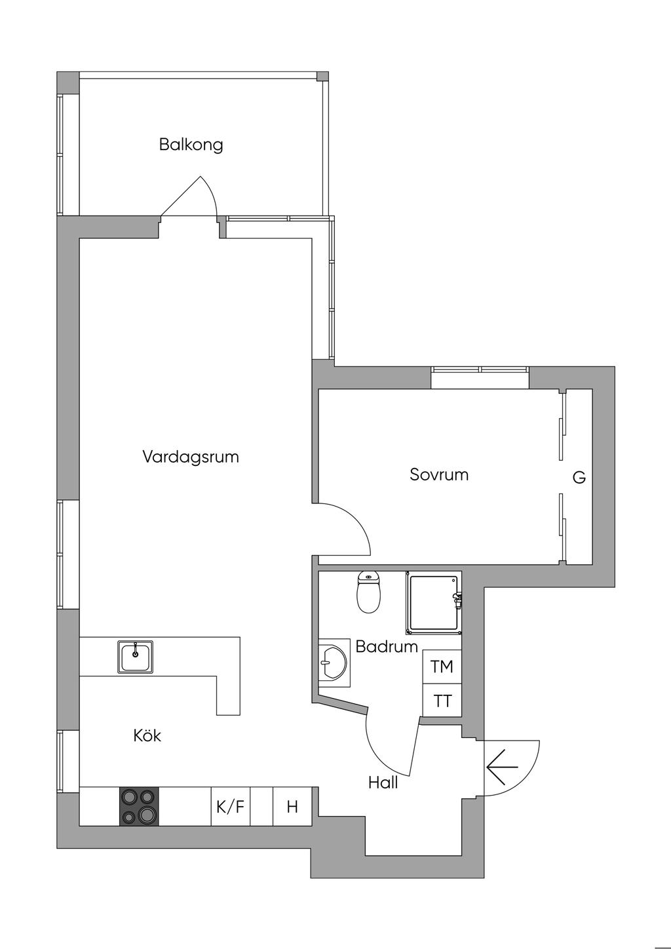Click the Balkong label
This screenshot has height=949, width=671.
(x=191, y=144)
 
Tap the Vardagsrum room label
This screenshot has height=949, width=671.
(x=190, y=456)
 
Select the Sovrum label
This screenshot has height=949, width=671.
(x=439, y=474)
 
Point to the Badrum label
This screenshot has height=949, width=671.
(x=387, y=646)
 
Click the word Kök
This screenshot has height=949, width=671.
(x=147, y=735)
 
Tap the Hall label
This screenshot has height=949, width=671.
(x=383, y=782)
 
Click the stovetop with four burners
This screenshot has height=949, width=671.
(x=139, y=806)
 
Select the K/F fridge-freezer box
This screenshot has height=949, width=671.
(x=230, y=806)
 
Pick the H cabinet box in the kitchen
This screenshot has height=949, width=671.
(x=292, y=806)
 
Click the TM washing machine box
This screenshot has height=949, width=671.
(x=442, y=667)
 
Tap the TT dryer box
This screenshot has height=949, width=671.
(x=442, y=701)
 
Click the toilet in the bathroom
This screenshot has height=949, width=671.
(x=369, y=592)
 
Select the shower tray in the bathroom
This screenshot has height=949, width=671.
(x=433, y=603)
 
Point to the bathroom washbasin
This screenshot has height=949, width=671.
(x=334, y=664)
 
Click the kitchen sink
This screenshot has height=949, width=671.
(x=136, y=657)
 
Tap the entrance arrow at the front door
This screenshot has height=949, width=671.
(x=502, y=767)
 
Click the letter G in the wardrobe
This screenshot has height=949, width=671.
(x=579, y=478)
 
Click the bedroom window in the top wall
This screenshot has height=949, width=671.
(x=480, y=370)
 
